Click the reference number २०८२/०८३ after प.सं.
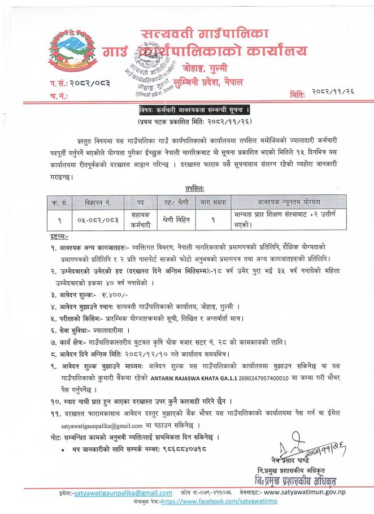point(86,83)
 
